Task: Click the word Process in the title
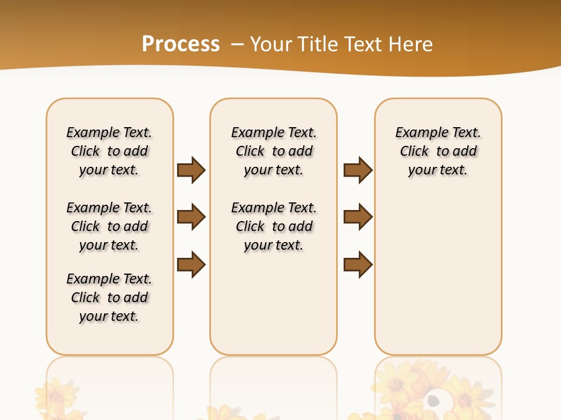[x=181, y=44]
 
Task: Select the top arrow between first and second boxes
[x=191, y=170]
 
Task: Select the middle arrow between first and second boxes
[x=191, y=217]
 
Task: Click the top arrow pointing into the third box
[x=358, y=170]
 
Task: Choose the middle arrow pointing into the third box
[x=358, y=217]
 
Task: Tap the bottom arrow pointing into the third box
[x=358, y=264]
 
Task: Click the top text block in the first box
[x=109, y=151]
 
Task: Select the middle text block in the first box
[x=109, y=226]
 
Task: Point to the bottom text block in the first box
[x=109, y=297]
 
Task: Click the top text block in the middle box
[x=274, y=151]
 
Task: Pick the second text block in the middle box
[x=274, y=226]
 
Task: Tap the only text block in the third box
[x=438, y=151]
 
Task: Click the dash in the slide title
[x=237, y=44]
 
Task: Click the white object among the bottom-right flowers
[x=433, y=401]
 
